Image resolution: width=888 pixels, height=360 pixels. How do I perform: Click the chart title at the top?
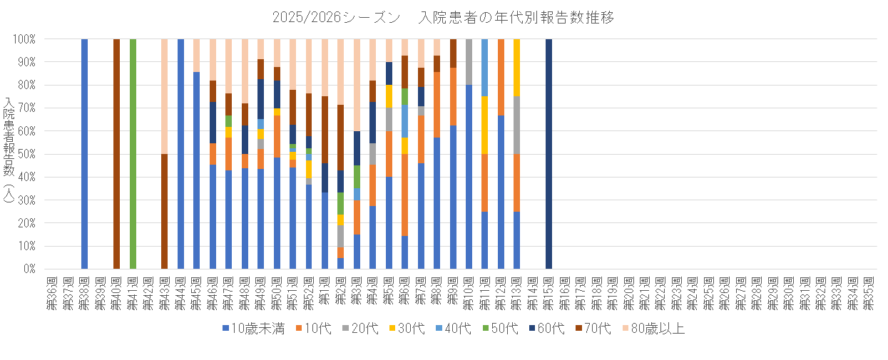coord(443,17)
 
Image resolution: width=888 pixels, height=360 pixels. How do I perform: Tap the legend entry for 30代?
coord(413,329)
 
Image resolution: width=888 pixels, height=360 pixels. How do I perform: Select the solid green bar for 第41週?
coord(133,154)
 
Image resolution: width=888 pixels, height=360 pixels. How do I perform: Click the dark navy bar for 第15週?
coord(548,154)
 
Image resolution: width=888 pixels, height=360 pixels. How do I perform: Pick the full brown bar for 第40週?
coord(116,154)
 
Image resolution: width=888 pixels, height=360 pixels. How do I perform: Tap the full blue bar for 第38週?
coord(84,154)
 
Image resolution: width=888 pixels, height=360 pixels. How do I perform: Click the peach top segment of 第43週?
coord(165,96)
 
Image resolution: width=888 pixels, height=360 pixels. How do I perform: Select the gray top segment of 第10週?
coord(469,62)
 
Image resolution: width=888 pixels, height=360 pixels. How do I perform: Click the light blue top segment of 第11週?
coord(485,68)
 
